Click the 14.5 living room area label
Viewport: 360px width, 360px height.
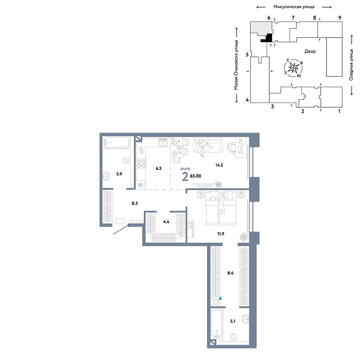tap(219, 165)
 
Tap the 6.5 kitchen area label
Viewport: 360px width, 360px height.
tap(158, 168)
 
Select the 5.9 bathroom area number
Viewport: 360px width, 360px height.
tap(119, 174)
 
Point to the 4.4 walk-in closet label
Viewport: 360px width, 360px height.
tap(166, 222)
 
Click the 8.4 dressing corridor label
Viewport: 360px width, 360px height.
tap(230, 273)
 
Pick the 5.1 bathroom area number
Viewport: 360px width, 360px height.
tap(233, 321)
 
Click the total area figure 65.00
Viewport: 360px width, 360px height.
tap(195, 176)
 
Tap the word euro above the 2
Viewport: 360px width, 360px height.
tap(185, 169)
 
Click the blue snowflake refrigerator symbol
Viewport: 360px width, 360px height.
tap(140, 185)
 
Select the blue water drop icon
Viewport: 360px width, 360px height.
tap(220, 298)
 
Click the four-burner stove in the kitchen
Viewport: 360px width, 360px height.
tap(141, 163)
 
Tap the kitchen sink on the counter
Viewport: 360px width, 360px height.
tap(163, 142)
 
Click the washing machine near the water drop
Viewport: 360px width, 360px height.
tap(216, 302)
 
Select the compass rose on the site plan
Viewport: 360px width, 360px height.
tap(293, 68)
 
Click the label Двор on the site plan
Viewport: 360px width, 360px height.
tap(310, 51)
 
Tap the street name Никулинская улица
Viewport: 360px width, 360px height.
tap(294, 7)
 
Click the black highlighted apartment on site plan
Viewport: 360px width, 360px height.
tap(267, 38)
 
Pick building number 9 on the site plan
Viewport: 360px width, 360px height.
tap(340, 18)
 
